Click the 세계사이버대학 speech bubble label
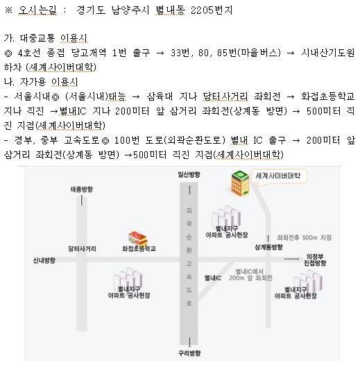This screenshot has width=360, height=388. [278, 176]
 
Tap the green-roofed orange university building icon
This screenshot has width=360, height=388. [240, 183]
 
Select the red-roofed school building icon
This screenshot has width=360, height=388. [138, 239]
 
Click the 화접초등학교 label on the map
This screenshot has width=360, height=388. [139, 248]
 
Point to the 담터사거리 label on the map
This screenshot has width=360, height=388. [82, 248]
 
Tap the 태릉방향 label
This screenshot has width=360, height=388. [82, 189]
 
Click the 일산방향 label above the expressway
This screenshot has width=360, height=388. [189, 174]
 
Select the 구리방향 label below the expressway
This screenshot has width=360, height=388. [189, 353]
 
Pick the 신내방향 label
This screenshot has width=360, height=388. [44, 260]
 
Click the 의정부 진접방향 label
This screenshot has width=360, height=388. [315, 260]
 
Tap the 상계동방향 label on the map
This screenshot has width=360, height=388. [268, 246]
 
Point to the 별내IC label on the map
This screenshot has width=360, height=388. [213, 278]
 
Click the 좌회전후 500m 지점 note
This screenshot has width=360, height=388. [304, 237]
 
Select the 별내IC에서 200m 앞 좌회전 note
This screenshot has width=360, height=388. [250, 275]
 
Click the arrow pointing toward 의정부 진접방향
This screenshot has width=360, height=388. [292, 259]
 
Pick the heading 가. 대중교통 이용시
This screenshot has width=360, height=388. [46, 38]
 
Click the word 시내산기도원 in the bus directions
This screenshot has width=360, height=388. [328, 53]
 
